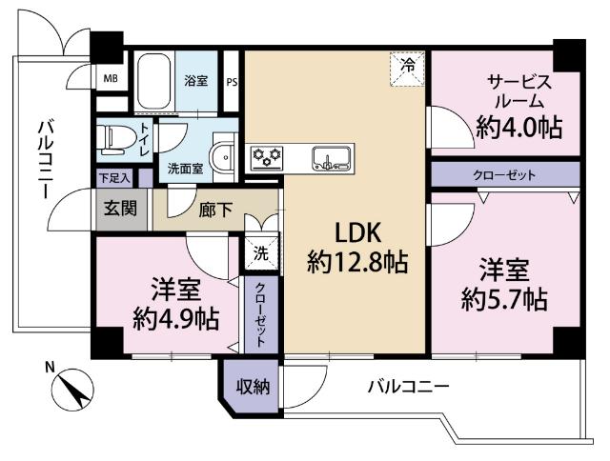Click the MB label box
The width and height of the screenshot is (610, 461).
[112, 78]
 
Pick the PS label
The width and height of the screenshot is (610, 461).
[232, 80]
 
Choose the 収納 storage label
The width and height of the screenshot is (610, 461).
[253, 387]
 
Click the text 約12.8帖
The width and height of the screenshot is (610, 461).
[358, 263]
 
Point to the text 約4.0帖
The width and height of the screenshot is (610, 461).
[518, 127]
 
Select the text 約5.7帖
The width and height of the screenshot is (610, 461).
[504, 301]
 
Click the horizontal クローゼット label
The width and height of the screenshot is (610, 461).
[504, 175]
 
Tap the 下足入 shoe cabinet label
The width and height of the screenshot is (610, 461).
[114, 177]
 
